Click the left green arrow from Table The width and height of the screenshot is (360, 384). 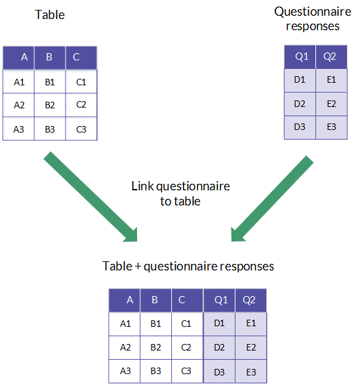click(x=90, y=197)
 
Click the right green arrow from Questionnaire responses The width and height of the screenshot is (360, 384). click(x=272, y=198)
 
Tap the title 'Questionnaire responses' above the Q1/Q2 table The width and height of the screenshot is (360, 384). click(x=313, y=18)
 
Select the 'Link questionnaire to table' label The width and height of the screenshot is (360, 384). click(x=180, y=194)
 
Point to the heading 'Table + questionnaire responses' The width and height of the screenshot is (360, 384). click(x=188, y=267)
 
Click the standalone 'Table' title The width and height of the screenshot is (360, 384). click(x=50, y=14)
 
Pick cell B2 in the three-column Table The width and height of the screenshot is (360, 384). click(x=50, y=105)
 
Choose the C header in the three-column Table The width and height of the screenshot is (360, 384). click(x=81, y=57)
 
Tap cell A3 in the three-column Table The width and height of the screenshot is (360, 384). click(x=18, y=129)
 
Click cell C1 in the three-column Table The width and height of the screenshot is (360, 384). click(x=81, y=82)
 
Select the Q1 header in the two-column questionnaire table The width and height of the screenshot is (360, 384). click(x=300, y=56)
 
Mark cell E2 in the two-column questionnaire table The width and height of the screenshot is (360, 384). click(x=331, y=104)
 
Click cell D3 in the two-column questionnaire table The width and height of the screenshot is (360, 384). click(x=300, y=127)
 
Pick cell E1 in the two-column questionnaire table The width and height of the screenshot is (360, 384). click(x=331, y=80)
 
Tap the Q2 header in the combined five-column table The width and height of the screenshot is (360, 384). click(x=250, y=300)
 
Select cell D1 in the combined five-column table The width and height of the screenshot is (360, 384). click(x=219, y=324)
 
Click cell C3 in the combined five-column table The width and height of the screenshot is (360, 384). click(x=188, y=371)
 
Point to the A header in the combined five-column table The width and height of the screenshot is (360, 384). click(x=125, y=300)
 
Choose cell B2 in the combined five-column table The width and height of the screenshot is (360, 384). click(x=156, y=347)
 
